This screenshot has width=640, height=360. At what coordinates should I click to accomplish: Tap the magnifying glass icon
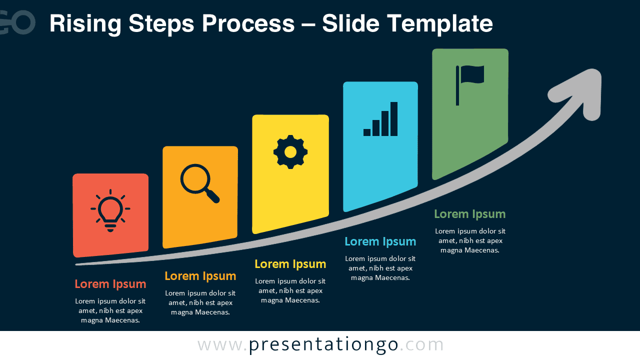199,183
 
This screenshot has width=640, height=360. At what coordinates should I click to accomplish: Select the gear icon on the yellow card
290,152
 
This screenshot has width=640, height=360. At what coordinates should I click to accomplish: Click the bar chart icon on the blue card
380,119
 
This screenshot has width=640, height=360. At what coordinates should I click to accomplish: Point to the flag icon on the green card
469,85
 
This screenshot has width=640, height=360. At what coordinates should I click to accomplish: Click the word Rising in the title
85,24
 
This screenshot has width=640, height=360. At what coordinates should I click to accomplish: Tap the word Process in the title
248,23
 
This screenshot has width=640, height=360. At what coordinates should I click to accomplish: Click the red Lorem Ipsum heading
110,284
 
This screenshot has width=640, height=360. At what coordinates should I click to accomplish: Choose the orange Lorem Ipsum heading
200,276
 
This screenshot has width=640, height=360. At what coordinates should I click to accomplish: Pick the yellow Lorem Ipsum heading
290,264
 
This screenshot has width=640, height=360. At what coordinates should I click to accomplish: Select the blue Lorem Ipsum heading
380,241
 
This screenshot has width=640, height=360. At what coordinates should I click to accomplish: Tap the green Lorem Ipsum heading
469,214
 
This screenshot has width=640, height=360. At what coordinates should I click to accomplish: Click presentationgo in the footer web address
323,345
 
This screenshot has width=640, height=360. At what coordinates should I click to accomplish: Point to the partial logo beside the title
17,22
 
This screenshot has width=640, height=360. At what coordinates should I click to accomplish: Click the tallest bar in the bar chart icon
394,119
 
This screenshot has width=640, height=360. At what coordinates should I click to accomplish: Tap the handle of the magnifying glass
213,196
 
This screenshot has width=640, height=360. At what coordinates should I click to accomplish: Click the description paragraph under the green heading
469,240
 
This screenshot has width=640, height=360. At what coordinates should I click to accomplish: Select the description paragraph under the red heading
110,310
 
